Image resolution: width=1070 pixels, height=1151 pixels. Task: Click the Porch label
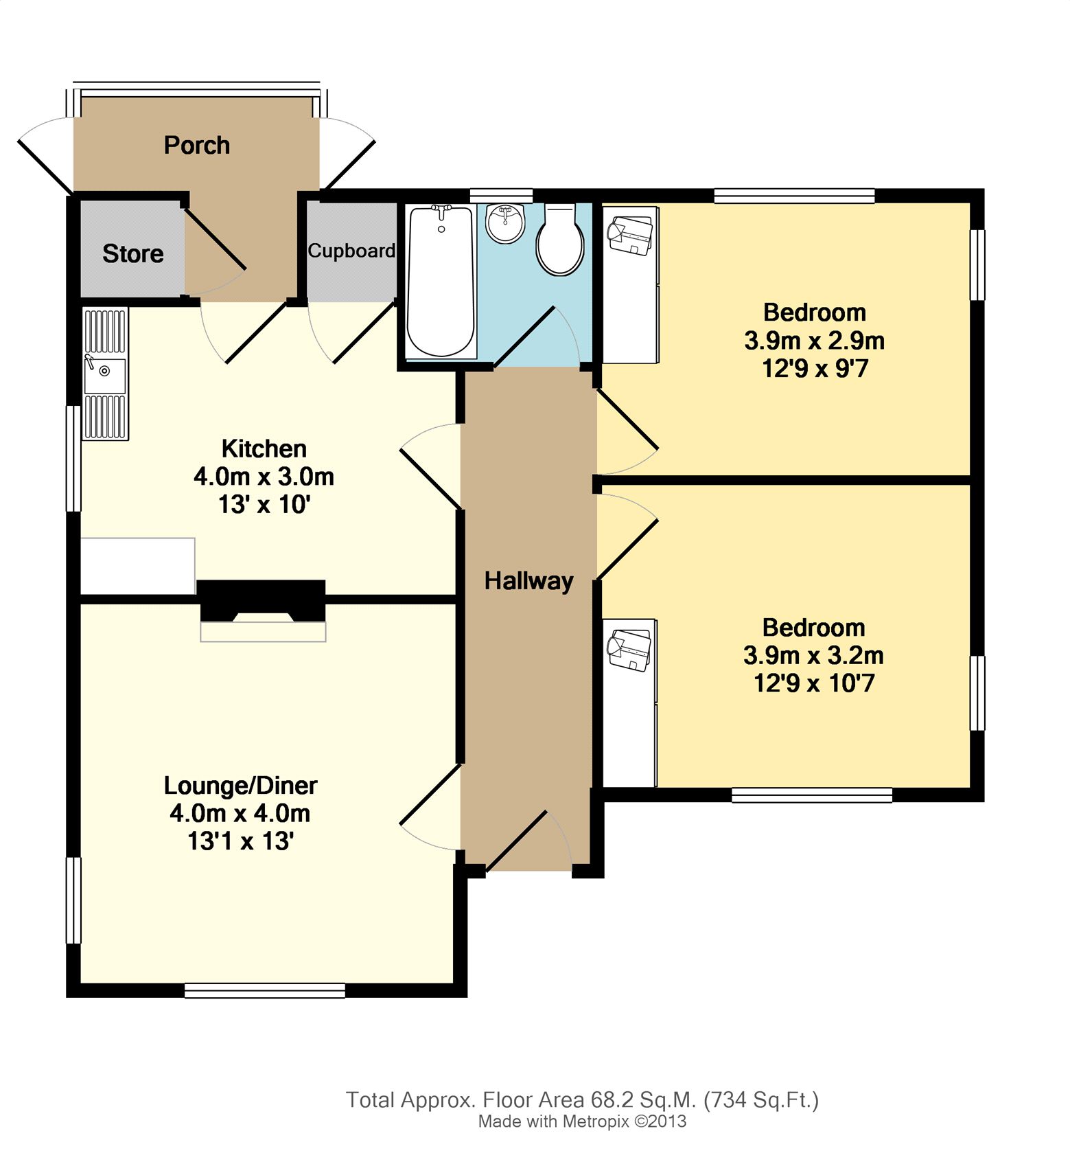pyautogui.click(x=197, y=146)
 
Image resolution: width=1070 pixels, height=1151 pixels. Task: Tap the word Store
pyautogui.click(x=133, y=254)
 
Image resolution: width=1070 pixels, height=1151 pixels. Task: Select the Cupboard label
pyautogui.click(x=351, y=251)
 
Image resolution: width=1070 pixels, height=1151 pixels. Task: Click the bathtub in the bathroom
pyautogui.click(x=441, y=282)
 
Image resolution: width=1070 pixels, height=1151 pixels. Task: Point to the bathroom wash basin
pyautogui.click(x=505, y=223)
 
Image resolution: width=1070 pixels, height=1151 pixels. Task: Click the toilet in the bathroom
pyautogui.click(x=560, y=240)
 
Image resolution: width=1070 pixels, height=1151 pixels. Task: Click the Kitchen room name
pyautogui.click(x=264, y=448)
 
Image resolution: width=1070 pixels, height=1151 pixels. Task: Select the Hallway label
pyautogui.click(x=528, y=582)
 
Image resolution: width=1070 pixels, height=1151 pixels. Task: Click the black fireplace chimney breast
pyautogui.click(x=261, y=600)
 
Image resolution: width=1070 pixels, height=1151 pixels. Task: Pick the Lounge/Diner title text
pyautogui.click(x=241, y=785)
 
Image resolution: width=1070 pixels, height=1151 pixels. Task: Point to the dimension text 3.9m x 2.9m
pyautogui.click(x=815, y=341)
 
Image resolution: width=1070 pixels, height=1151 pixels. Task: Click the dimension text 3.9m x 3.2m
pyautogui.click(x=813, y=656)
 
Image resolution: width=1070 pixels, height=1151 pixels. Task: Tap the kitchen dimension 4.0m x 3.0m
pyautogui.click(x=264, y=477)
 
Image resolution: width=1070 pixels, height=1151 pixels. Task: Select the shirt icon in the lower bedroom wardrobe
pyautogui.click(x=629, y=650)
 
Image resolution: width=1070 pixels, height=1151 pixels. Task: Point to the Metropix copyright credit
pyautogui.click(x=583, y=1122)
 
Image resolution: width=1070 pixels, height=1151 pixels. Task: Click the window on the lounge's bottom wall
pyautogui.click(x=265, y=990)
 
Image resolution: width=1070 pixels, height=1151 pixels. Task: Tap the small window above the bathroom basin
pyautogui.click(x=502, y=195)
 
